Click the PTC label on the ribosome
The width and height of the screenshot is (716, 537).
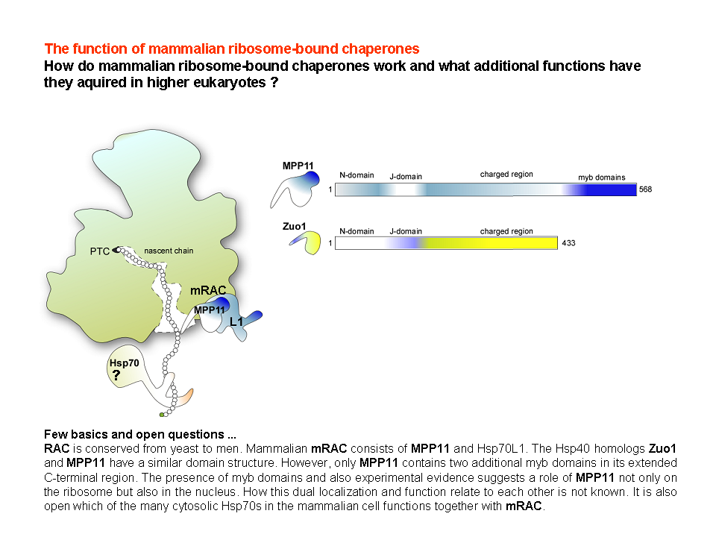pyautogui.click(x=99, y=251)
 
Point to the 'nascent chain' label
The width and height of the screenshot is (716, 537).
pyautogui.click(x=169, y=251)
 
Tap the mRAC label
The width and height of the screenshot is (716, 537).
pyautogui.click(x=208, y=290)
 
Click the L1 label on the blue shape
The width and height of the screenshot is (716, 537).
pyautogui.click(x=236, y=322)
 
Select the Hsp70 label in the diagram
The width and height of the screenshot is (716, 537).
pyautogui.click(x=125, y=363)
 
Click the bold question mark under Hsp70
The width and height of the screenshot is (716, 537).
pyautogui.click(x=116, y=375)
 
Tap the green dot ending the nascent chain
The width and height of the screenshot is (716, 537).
pyautogui.click(x=162, y=415)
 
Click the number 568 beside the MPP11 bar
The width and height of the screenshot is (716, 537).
pyautogui.click(x=645, y=189)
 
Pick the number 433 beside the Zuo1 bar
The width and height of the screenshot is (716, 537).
pyautogui.click(x=568, y=243)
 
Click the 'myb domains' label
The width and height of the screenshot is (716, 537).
pyautogui.click(x=601, y=178)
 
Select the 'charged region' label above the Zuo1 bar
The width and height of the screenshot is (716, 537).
pyautogui.click(x=506, y=231)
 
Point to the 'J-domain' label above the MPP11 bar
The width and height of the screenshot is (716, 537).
pyautogui.click(x=406, y=177)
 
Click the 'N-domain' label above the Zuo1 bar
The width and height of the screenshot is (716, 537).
pyautogui.click(x=357, y=231)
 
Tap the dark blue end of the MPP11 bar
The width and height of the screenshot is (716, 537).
pyautogui.click(x=612, y=189)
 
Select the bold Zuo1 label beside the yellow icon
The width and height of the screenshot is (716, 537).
pyautogui.click(x=294, y=227)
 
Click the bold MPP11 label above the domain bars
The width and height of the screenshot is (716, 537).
pyautogui.click(x=298, y=166)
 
